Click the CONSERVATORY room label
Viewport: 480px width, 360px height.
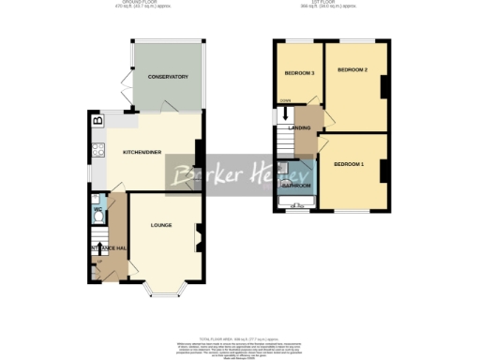tap(168, 77)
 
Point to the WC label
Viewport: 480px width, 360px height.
tap(97, 209)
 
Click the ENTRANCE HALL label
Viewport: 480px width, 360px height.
tap(107, 247)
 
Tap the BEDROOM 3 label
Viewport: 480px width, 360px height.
tap(299, 73)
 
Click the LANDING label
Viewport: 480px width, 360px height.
tap(299, 127)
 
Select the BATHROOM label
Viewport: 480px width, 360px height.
tap(297, 186)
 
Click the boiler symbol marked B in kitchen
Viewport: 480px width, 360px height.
tap(96, 120)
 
